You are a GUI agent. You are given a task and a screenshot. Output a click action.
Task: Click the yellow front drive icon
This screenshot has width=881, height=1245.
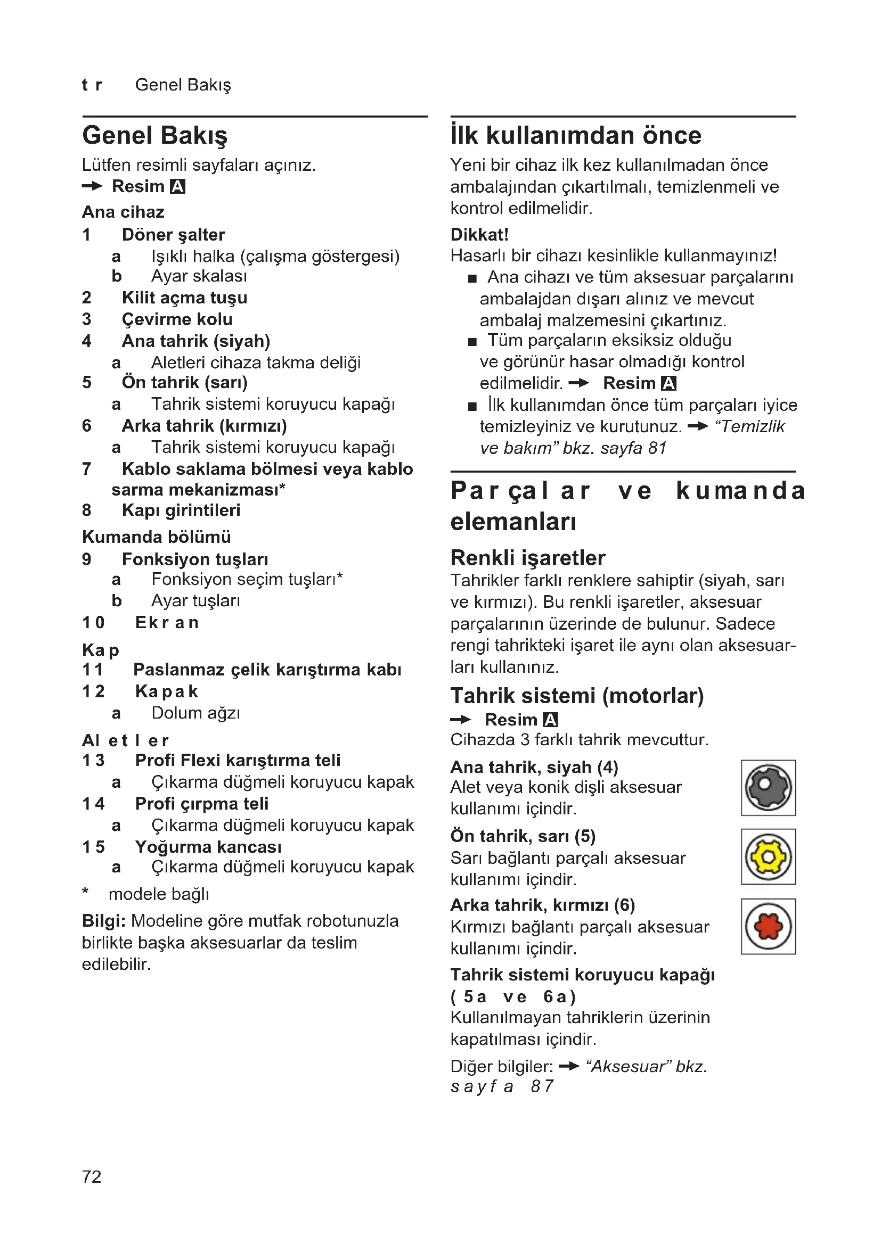pyautogui.click(x=768, y=856)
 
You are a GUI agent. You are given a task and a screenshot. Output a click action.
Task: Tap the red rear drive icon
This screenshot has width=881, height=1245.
pyautogui.click(x=768, y=926)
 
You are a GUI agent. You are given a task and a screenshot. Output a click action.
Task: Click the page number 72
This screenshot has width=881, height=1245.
pyautogui.click(x=92, y=1176)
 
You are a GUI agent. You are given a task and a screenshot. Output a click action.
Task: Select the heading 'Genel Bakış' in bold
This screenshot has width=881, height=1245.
pyautogui.click(x=154, y=136)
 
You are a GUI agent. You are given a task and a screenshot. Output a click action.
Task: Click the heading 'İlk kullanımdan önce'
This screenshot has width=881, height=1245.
pyautogui.click(x=576, y=136)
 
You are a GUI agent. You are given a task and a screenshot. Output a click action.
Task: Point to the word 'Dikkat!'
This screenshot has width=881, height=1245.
pyautogui.click(x=479, y=234)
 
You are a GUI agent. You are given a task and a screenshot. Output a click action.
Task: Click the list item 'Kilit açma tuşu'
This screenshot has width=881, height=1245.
pyautogui.click(x=184, y=298)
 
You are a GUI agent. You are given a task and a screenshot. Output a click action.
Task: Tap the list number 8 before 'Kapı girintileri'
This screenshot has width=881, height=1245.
pyautogui.click(x=87, y=510)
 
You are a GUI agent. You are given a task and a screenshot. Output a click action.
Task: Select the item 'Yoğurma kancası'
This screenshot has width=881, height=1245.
pyautogui.click(x=208, y=846)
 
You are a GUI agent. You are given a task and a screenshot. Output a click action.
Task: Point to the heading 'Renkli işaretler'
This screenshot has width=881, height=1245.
pyautogui.click(x=527, y=557)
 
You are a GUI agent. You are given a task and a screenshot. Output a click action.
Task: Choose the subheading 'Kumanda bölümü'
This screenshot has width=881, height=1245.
pyautogui.click(x=156, y=537)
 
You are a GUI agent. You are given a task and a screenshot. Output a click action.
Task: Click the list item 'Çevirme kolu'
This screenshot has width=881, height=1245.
pyautogui.click(x=177, y=319)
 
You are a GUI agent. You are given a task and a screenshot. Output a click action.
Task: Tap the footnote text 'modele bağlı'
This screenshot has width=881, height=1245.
pyautogui.click(x=158, y=894)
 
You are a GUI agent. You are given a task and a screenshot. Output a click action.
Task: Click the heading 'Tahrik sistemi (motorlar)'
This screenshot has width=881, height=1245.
pyautogui.click(x=577, y=696)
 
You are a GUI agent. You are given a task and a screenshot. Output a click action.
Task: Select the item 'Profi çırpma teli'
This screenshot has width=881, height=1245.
pyautogui.click(x=202, y=803)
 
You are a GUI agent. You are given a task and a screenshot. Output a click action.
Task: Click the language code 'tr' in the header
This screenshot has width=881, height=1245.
pyautogui.click(x=92, y=85)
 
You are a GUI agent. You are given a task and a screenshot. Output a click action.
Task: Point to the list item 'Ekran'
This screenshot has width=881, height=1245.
pyautogui.click(x=167, y=623)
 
